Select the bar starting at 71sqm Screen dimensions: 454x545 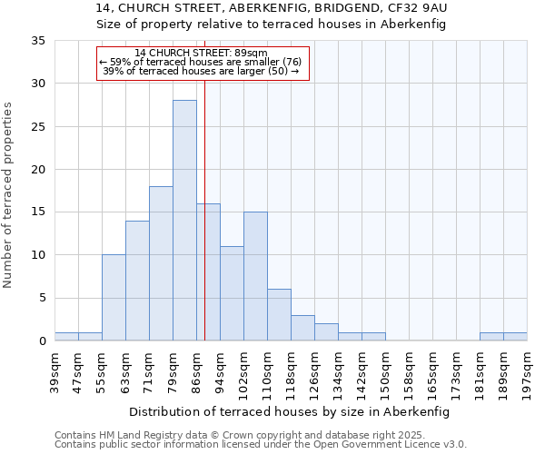coord(161,263)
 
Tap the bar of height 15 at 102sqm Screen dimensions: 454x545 coord(255,276)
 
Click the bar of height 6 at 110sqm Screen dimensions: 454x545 coord(279,315)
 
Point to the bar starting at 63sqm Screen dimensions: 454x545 coord(137,281)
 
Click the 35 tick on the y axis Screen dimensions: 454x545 coord(38,41)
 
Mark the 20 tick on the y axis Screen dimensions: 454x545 coord(38,170)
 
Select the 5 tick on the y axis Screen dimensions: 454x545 coord(42,299)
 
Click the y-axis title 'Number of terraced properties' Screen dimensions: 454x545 coord(9,195)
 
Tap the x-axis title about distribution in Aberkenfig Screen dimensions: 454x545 coord(290,411)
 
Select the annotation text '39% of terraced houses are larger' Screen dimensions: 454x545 coord(201,71)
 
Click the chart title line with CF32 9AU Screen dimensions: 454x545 coord(272,7)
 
